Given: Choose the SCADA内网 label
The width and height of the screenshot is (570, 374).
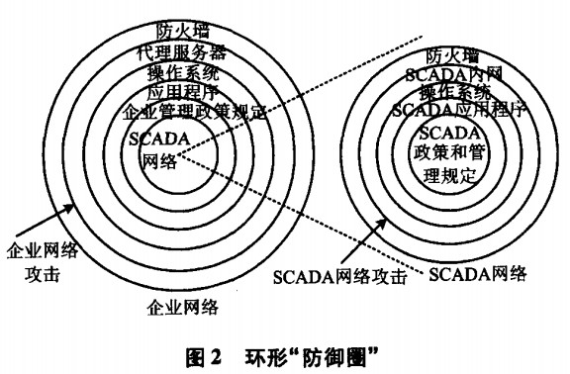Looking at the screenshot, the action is click(455, 74).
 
